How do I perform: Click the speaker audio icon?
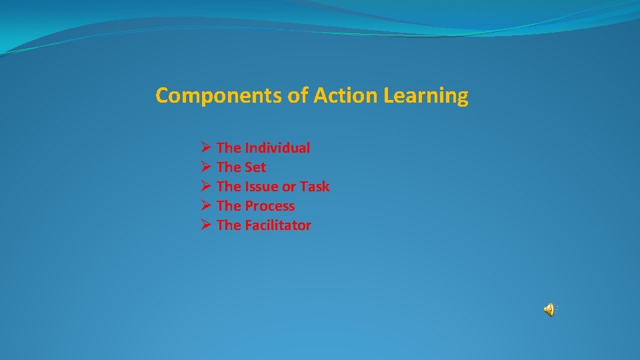pos(549,309)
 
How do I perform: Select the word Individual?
pos(277,148)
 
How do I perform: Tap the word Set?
pos(255,167)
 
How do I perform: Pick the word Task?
pos(315,187)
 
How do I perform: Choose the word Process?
pos(269,207)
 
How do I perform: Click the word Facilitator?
pos(278,225)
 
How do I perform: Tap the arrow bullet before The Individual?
pos(205,148)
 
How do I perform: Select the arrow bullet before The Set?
pos(205,167)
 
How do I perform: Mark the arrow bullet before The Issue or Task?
pos(205,187)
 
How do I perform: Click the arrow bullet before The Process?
pos(205,206)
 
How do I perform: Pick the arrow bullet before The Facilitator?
pos(205,225)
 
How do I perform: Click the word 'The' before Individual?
pos(229,148)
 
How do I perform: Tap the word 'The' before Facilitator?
pos(229,225)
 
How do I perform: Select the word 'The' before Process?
pos(229,206)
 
